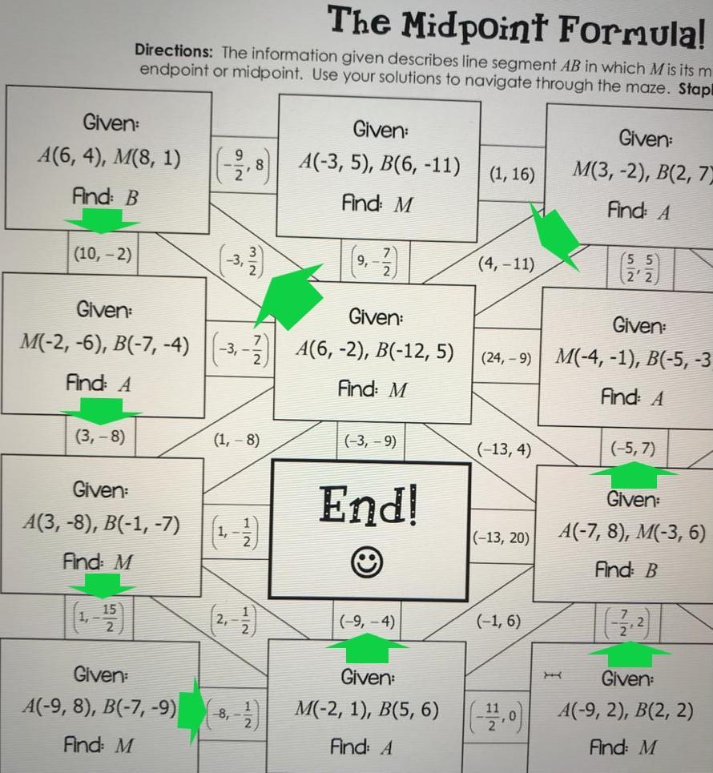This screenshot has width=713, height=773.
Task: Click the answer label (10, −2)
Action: pos(103,255)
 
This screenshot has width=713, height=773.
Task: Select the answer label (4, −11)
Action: pos(506,264)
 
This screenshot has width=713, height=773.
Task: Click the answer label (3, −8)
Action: pos(99,437)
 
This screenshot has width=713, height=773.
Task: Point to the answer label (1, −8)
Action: pos(236,440)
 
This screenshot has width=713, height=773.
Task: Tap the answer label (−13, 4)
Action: pos(504,449)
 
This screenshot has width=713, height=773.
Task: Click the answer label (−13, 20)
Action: pos(502,537)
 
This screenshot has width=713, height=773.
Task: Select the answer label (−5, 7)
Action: pos(633,448)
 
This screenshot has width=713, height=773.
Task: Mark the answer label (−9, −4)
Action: pos(367,621)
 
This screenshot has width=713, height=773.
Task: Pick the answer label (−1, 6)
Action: pos(498,621)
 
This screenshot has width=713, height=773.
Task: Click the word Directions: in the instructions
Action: pos(174,51)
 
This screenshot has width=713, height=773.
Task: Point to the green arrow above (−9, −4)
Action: pos(369,647)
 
